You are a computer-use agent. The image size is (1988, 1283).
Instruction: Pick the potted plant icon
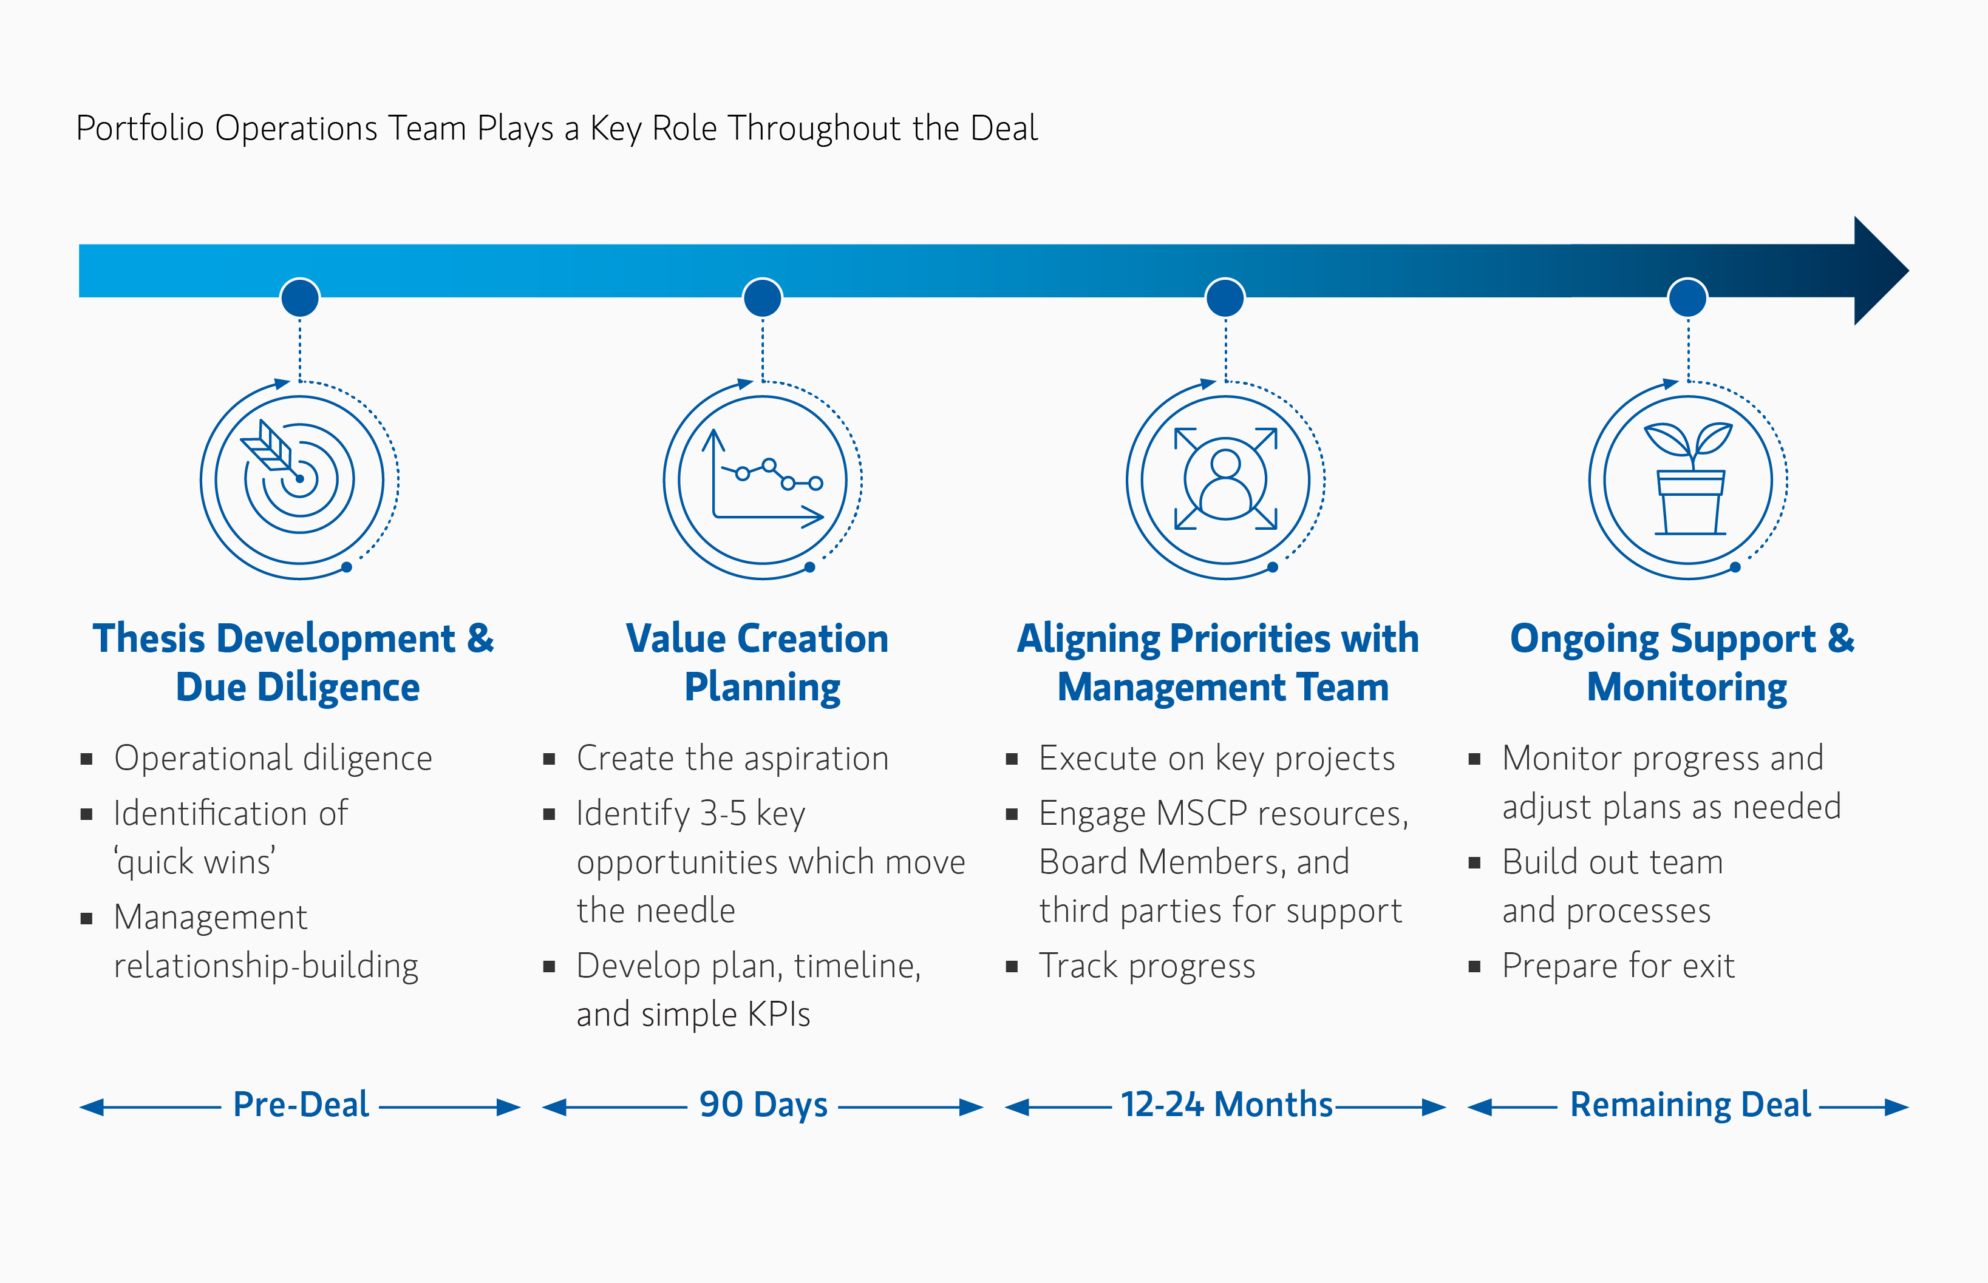1689,479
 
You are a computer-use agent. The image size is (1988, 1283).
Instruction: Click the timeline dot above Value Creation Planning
762,297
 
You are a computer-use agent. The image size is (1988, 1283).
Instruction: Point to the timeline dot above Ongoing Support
1688,297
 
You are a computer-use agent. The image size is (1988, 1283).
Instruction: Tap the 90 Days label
763,1105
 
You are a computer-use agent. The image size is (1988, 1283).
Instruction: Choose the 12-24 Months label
1226,1105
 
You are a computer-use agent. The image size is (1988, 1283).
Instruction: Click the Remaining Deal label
1690,1105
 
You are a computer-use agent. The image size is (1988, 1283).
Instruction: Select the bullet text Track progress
1147,966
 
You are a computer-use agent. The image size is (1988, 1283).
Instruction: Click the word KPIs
778,1015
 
